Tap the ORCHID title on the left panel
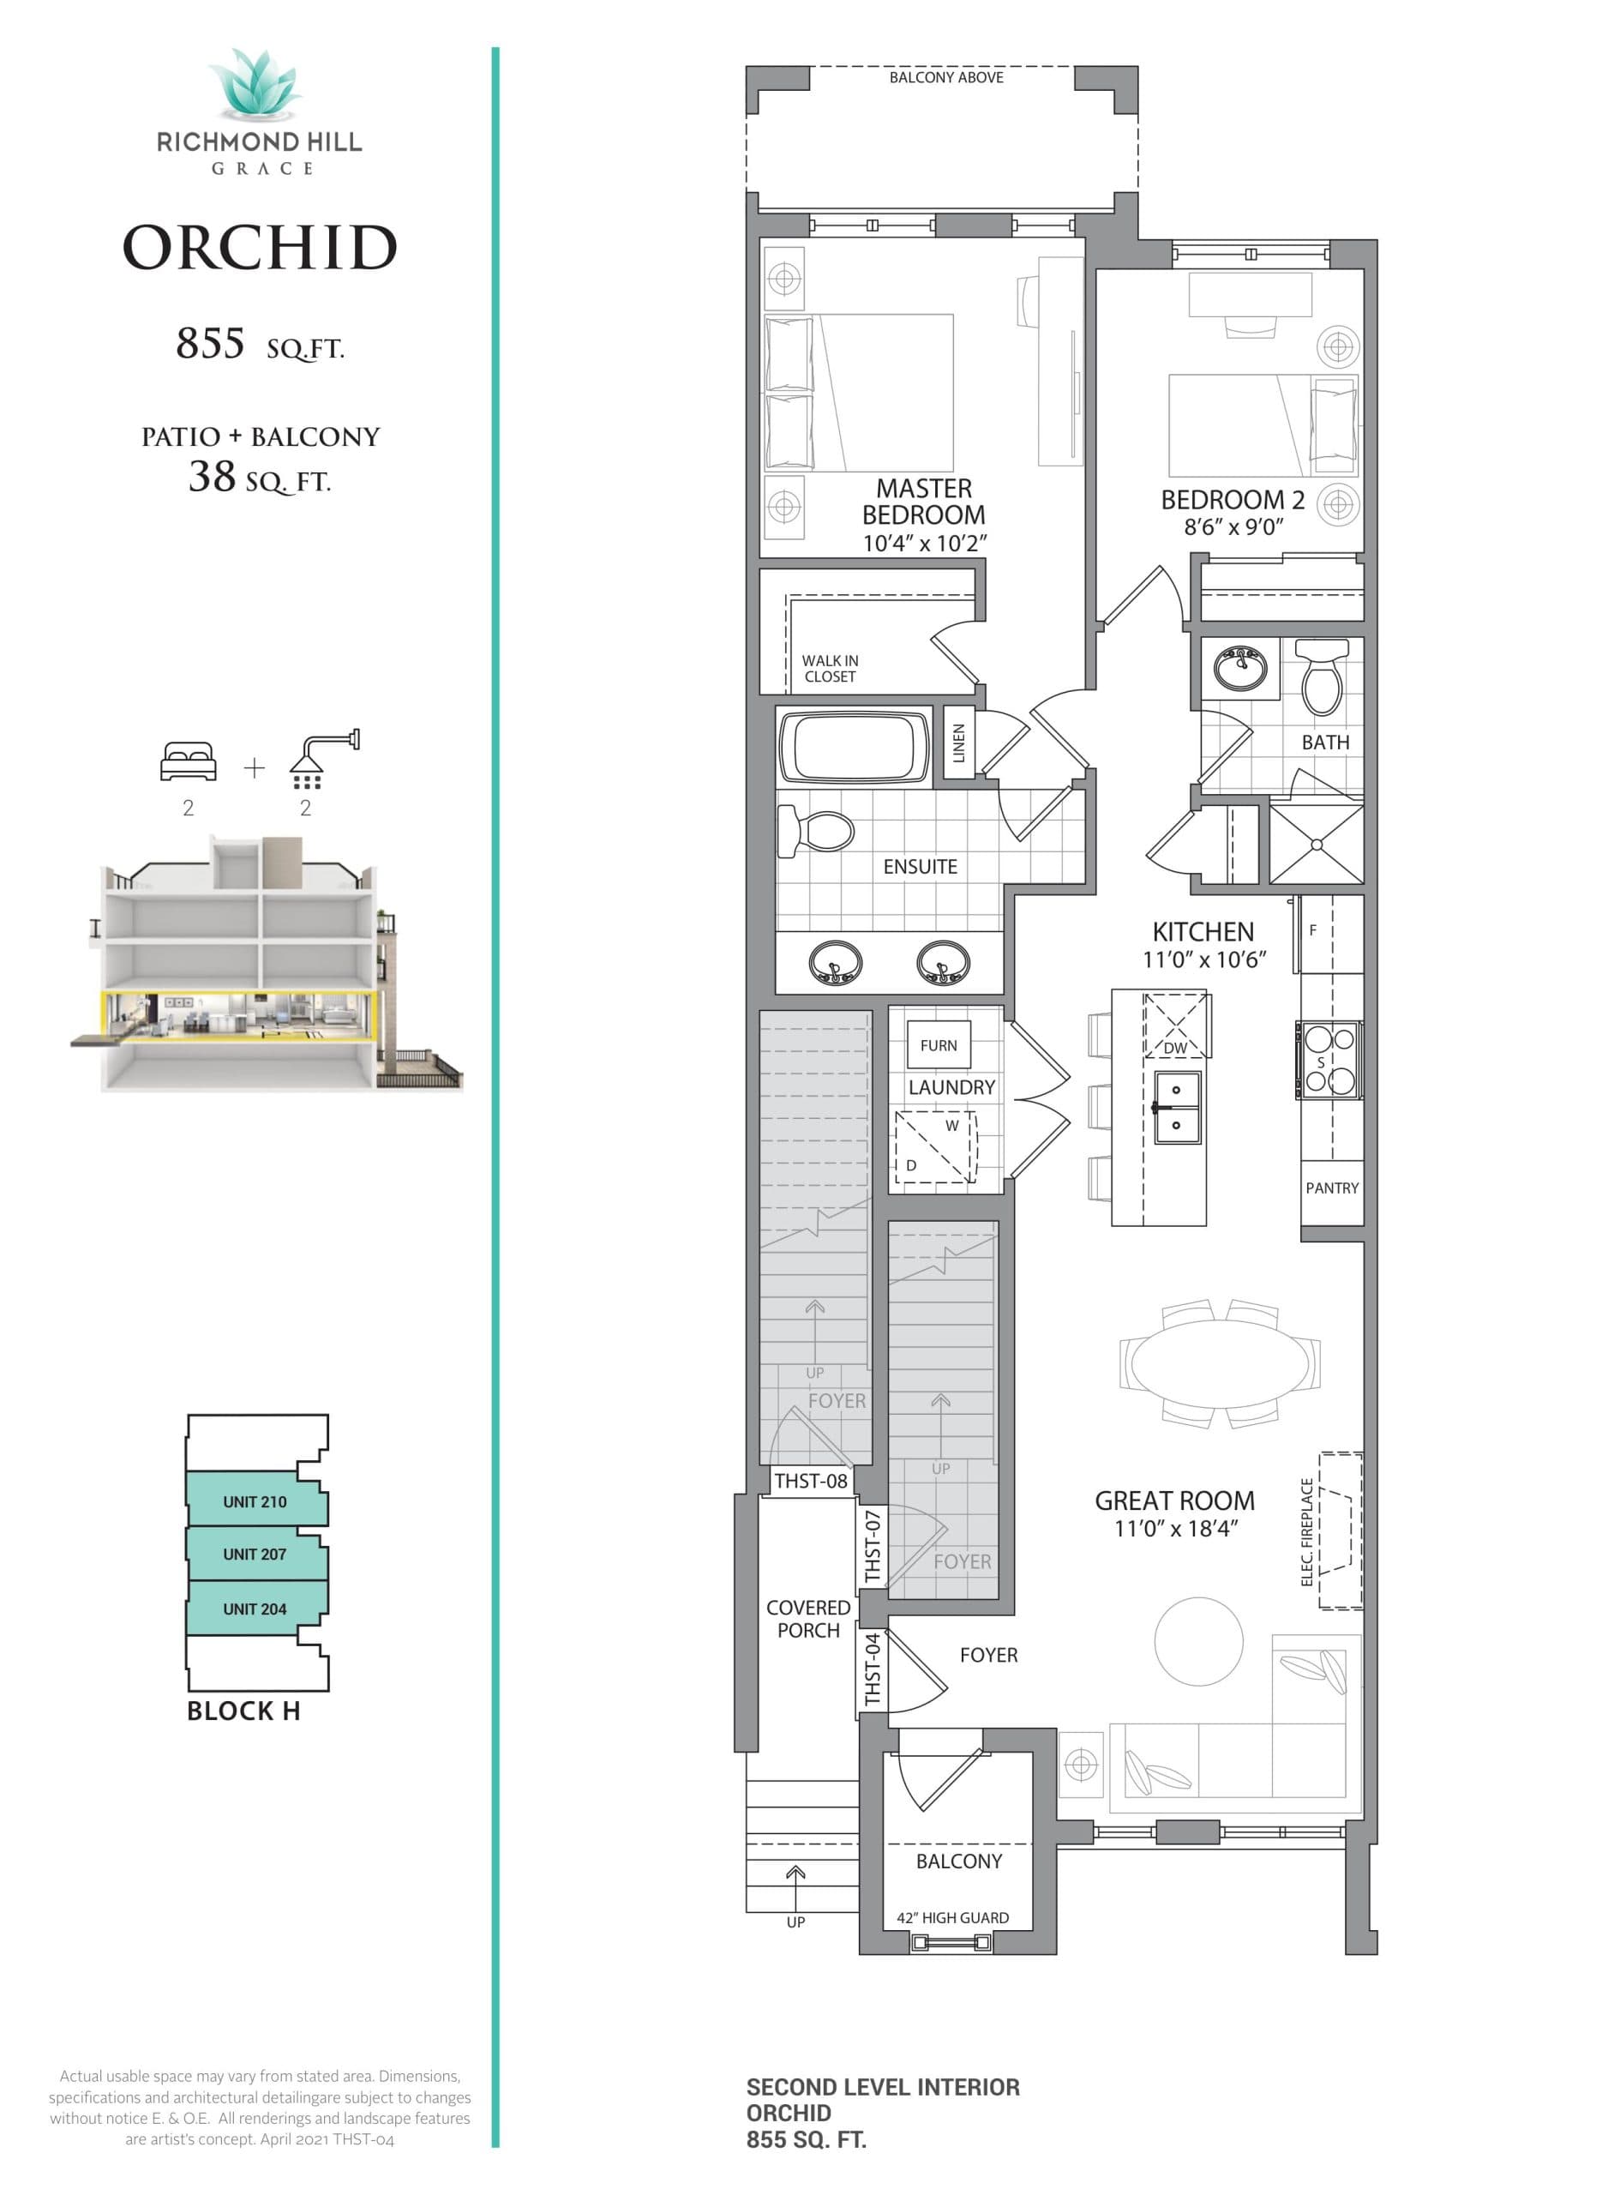[x=260, y=247]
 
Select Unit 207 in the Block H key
[x=255, y=1555]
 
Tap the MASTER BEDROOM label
[x=924, y=502]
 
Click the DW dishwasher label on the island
[x=1176, y=1048]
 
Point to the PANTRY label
[x=1331, y=1188]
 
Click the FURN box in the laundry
[x=939, y=1045]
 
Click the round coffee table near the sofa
[x=1198, y=1641]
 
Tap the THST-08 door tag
[x=810, y=1481]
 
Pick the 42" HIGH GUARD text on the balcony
[x=952, y=1917]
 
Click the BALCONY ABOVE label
[x=946, y=77]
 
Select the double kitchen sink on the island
[x=1176, y=1108]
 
